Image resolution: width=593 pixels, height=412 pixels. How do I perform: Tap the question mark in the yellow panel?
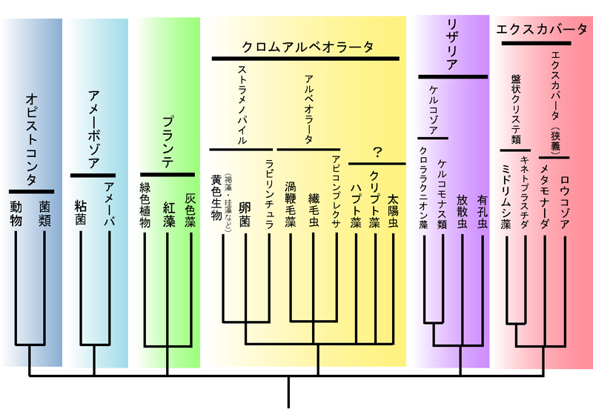pyautogui.click(x=377, y=152)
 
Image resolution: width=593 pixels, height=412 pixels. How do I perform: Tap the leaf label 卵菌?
pyautogui.click(x=245, y=214)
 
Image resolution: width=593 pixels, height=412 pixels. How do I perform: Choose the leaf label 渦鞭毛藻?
pyautogui.click(x=291, y=203)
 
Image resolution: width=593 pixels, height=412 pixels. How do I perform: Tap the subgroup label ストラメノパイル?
pyautogui.click(x=242, y=103)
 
